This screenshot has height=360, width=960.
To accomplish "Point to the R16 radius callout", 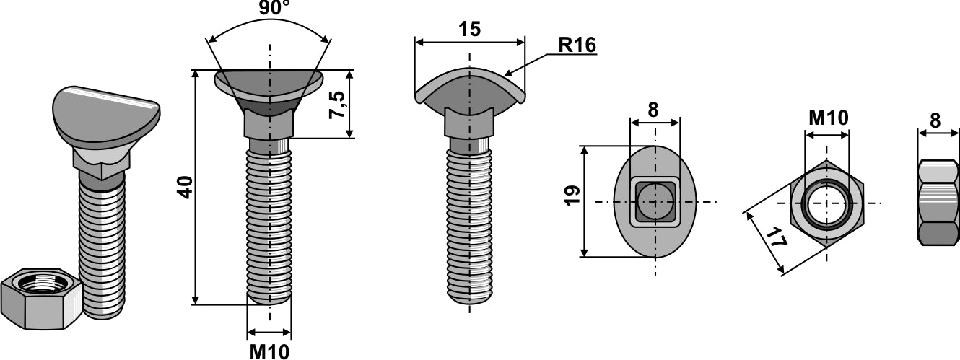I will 577,45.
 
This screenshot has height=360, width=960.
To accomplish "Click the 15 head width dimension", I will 469,29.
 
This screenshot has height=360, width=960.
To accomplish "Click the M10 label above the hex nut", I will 827,118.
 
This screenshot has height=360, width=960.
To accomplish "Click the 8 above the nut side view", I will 936,120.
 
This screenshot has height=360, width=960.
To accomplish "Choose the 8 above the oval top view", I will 653,110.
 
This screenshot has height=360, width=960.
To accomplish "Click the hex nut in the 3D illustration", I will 42,298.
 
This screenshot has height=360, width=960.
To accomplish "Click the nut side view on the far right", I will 938,202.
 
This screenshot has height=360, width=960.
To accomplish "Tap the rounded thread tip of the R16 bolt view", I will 470,297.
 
